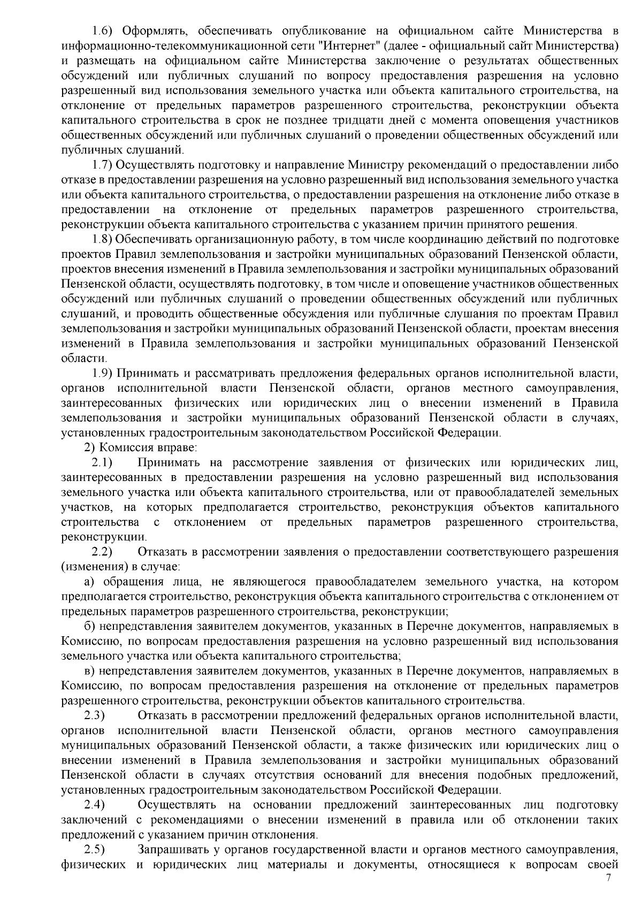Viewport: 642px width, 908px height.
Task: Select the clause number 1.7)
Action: click(x=101, y=164)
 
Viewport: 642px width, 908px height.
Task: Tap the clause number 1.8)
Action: click(x=101, y=238)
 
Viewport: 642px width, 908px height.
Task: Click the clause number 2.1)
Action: click(x=101, y=462)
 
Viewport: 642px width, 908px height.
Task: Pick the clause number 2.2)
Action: click(x=101, y=552)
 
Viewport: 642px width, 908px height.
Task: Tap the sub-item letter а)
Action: click(x=91, y=581)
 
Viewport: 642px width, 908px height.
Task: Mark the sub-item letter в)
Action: click(x=91, y=670)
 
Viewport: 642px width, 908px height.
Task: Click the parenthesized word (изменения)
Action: click(x=91, y=566)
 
